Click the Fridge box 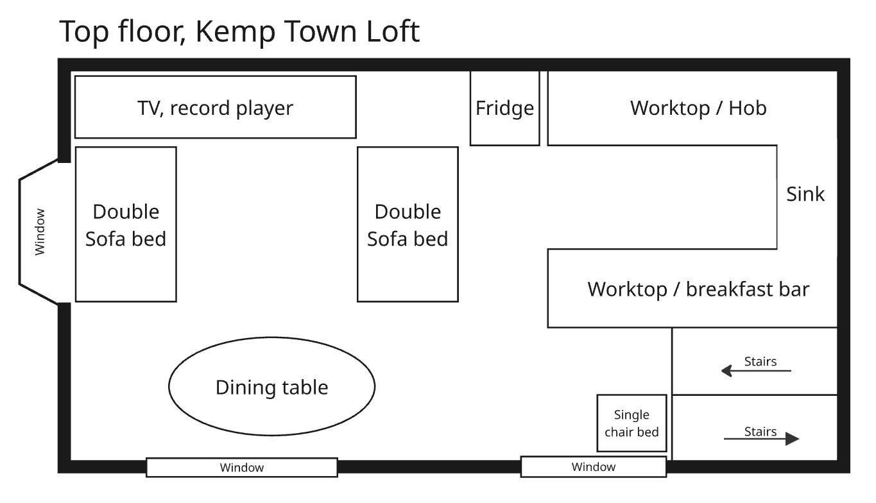coord(504,108)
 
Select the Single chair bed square coord(631,423)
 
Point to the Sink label coord(805,194)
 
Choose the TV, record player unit coord(215,107)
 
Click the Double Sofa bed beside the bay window coord(126,225)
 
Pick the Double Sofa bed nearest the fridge coord(408,225)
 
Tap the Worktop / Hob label coord(698,108)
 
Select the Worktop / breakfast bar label coord(698,289)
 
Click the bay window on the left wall coord(40,231)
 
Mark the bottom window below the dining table coord(242,468)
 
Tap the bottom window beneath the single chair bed coord(593,467)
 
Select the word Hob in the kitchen coord(747,108)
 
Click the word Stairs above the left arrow coord(760,361)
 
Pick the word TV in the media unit coord(150,108)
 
